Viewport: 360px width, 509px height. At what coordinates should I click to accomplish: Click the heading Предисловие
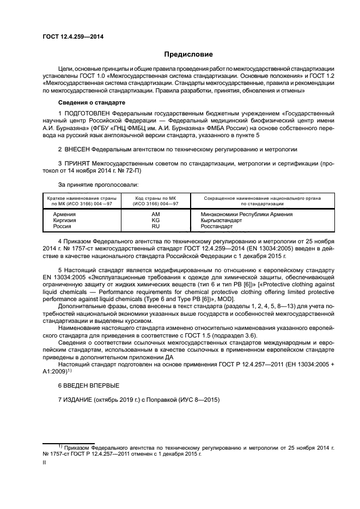188,54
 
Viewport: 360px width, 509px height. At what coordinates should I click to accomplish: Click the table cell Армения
64,214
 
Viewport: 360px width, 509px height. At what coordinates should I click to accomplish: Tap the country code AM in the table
156,214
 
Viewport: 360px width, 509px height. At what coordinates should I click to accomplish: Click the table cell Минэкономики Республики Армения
247,214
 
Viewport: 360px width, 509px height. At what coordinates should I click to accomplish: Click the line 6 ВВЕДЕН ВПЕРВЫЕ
88,385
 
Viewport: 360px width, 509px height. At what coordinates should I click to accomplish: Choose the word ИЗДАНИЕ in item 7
78,400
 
